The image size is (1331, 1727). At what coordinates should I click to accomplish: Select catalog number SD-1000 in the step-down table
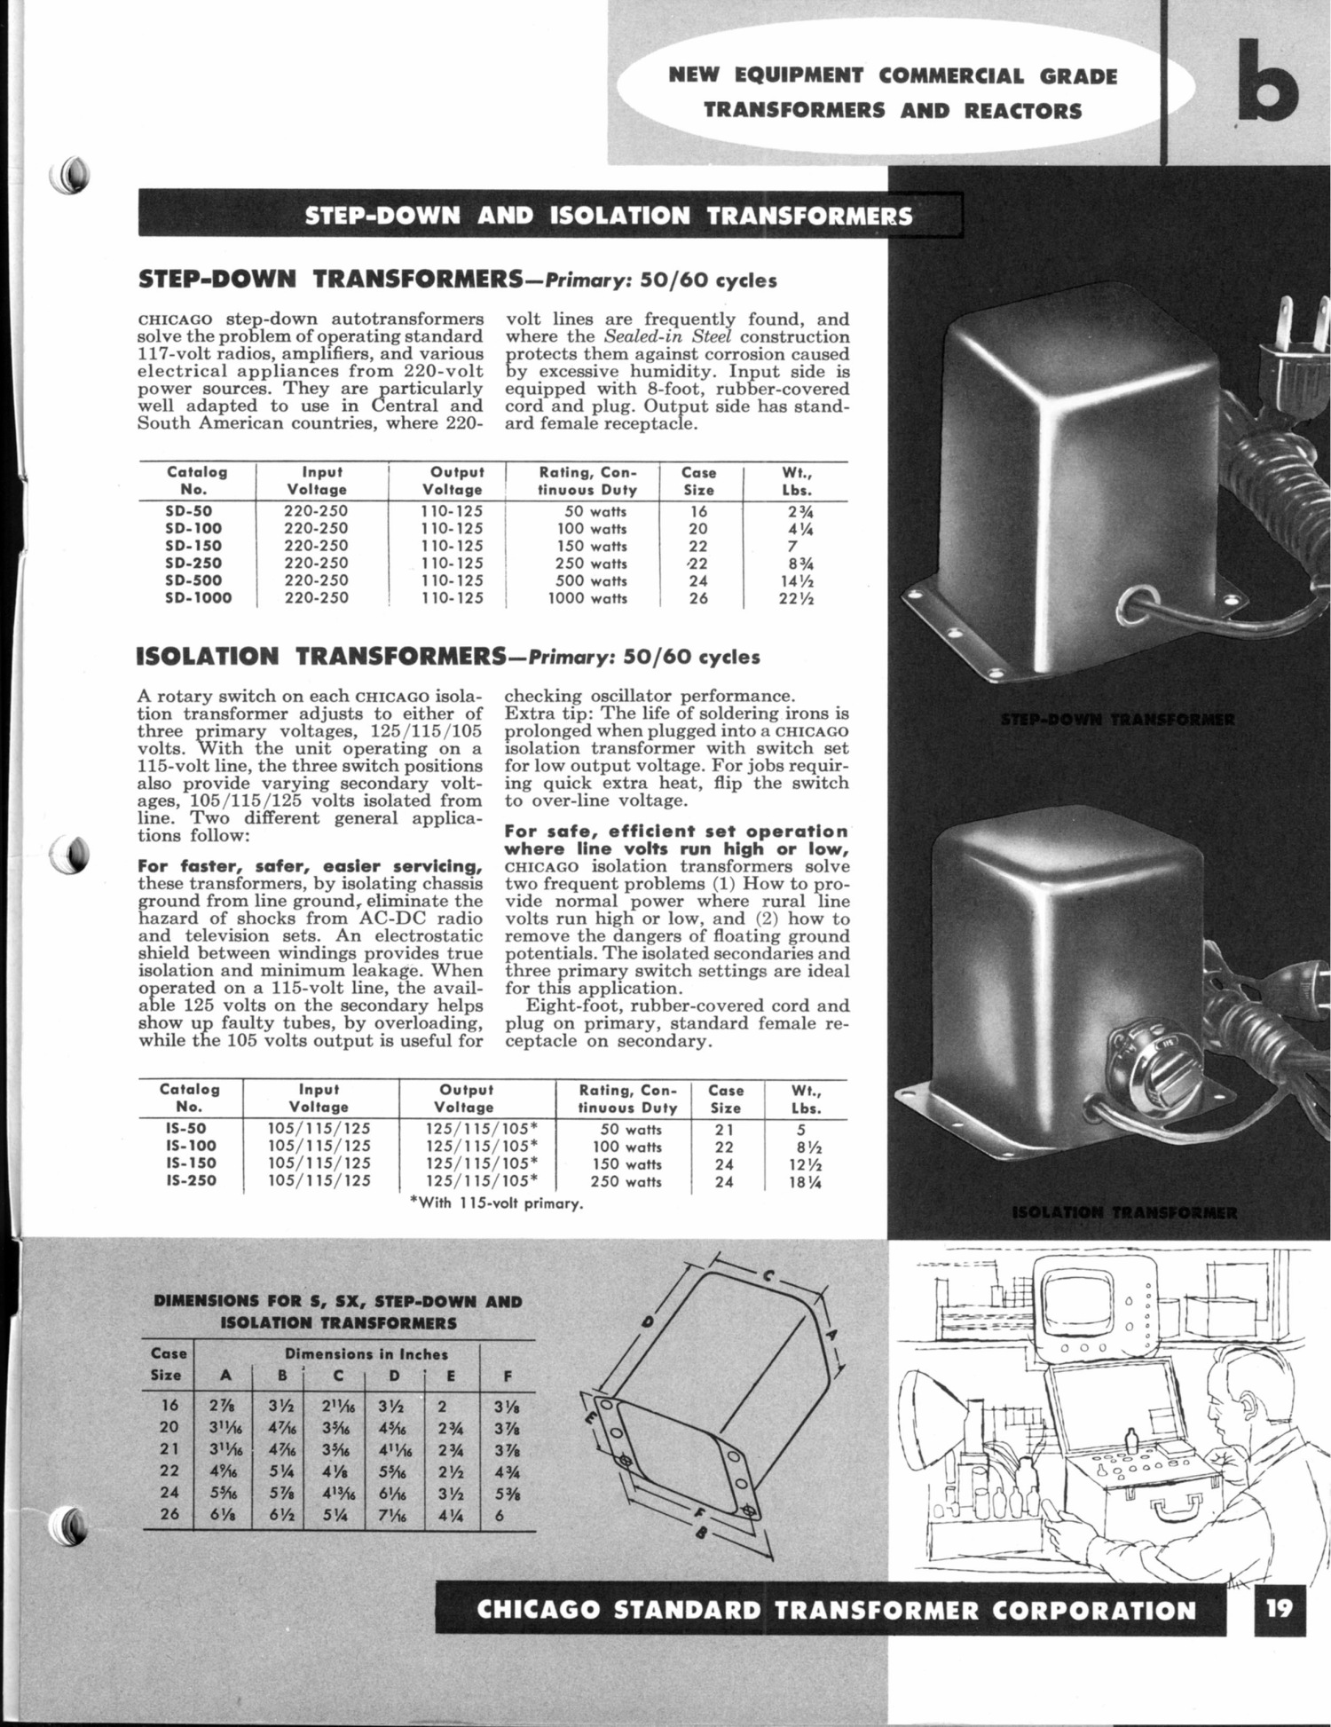[199, 598]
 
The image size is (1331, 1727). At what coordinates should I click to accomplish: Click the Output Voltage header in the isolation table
[465, 1098]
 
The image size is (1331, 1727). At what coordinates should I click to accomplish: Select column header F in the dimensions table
[508, 1376]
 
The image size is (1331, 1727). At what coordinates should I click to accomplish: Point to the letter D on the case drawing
[648, 1323]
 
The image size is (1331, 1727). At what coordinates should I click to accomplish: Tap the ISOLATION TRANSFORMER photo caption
[1124, 1212]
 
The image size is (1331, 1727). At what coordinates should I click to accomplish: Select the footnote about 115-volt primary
[500, 1204]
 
